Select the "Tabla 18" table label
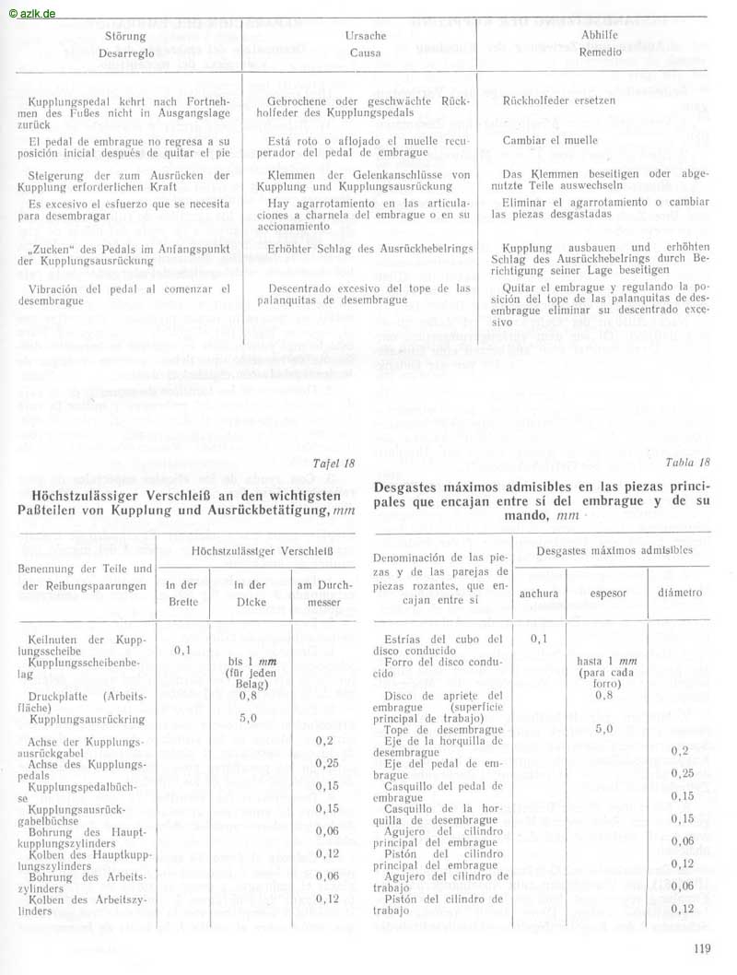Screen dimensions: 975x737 [689, 463]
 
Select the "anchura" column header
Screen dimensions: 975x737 [539, 593]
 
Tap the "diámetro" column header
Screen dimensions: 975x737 [681, 593]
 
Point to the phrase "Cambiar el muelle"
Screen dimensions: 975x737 [550, 140]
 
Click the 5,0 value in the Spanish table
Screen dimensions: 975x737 [604, 729]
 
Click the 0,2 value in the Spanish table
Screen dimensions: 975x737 [682, 751]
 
